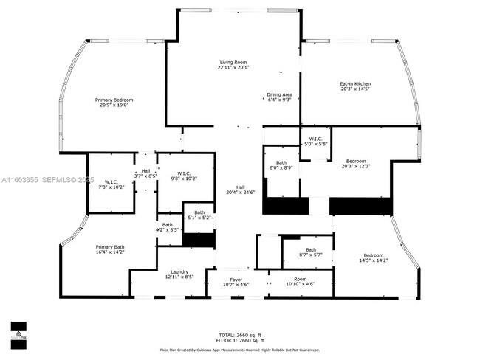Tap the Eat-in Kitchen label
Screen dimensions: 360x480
354,86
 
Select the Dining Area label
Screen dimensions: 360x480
279,97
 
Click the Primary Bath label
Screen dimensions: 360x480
109,249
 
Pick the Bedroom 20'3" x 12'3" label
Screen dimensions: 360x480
357,164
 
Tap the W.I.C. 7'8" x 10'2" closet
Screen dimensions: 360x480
111,184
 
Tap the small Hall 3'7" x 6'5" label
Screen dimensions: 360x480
145,173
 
